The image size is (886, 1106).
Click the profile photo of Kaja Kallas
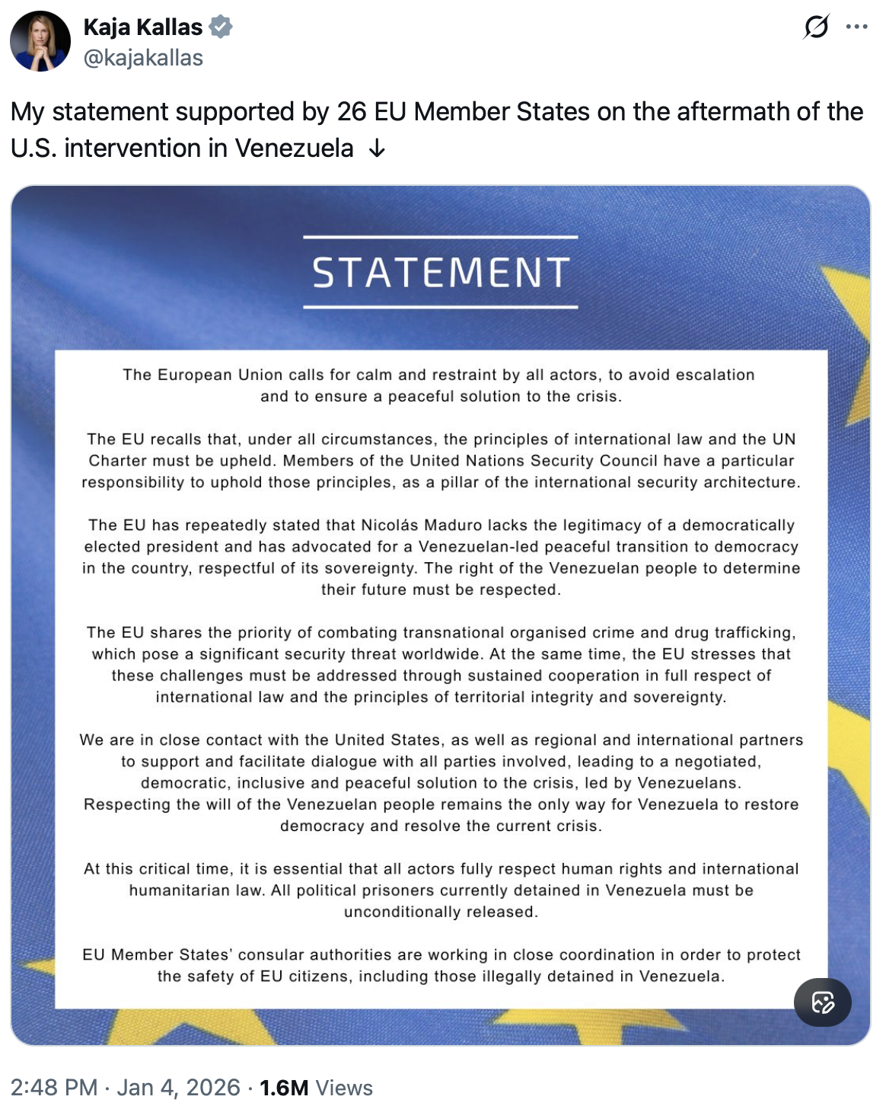coord(40,41)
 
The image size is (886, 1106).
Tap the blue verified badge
coord(221,27)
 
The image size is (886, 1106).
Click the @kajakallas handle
coord(143,58)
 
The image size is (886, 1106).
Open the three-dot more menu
coord(856,27)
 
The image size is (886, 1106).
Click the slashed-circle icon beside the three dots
coord(816,27)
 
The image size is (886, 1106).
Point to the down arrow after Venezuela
coord(377,149)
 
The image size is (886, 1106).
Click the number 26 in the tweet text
coord(352,112)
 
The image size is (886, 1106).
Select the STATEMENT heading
coord(441,273)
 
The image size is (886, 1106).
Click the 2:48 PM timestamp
coord(54,1087)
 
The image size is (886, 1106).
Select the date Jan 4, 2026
coord(179,1087)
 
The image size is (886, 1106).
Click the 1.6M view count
coord(284,1087)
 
